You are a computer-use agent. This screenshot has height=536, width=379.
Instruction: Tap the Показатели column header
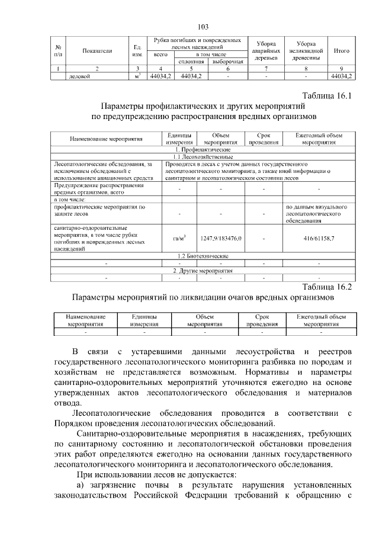pyautogui.click(x=98, y=52)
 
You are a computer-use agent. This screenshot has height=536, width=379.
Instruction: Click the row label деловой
pyautogui.click(x=81, y=76)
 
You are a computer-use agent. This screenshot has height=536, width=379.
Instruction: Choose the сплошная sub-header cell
pyautogui.click(x=191, y=62)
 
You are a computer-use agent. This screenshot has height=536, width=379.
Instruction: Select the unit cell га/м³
pyautogui.click(x=179, y=238)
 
